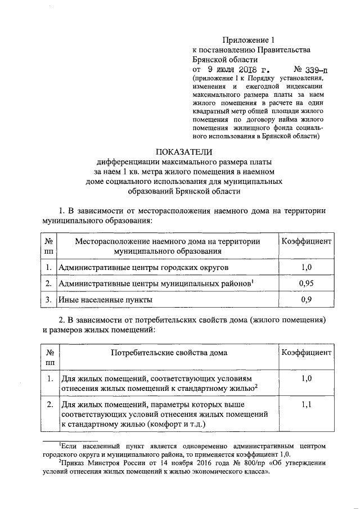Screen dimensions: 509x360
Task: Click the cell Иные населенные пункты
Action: (106, 300)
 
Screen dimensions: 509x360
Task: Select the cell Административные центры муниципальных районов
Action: (154, 283)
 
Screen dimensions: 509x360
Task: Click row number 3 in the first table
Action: (49, 300)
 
